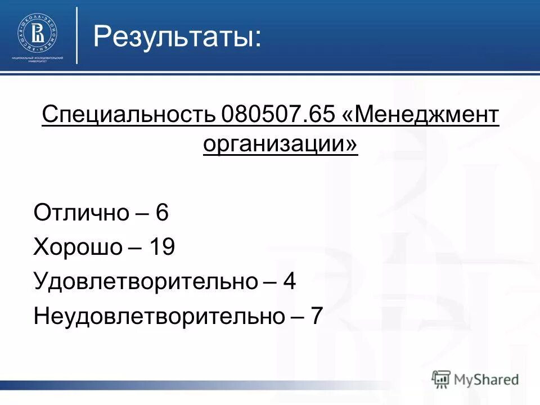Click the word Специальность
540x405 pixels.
129,117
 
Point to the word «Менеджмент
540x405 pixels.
420,117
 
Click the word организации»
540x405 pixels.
280,144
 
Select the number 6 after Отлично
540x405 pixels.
163,213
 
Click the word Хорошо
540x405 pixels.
78,247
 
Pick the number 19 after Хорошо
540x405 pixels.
162,247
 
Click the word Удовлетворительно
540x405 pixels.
145,281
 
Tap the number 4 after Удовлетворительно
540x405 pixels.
290,281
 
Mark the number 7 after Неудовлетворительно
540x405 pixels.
317,316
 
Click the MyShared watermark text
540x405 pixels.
487,380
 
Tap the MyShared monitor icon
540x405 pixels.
442,379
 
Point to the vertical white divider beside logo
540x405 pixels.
77,35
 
